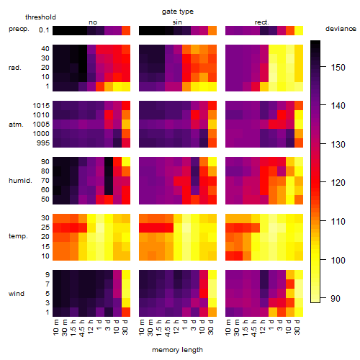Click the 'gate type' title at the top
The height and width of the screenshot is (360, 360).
(x=178, y=12)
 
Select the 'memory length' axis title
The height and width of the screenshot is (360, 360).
(x=178, y=350)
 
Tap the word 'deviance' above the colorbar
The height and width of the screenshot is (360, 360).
(x=341, y=29)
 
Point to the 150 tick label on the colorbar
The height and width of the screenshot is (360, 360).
(x=338, y=68)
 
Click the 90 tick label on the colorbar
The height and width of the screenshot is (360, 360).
(x=336, y=299)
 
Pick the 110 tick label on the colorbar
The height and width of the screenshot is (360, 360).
(x=338, y=221)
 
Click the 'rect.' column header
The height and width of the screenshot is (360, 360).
(x=262, y=22)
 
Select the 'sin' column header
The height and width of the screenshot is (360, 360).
(x=177, y=22)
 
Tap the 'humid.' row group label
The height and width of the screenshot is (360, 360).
(x=20, y=181)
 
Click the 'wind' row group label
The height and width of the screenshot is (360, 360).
(x=17, y=294)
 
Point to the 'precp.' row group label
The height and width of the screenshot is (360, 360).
(x=19, y=29)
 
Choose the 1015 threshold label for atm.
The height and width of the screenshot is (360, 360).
(x=41, y=106)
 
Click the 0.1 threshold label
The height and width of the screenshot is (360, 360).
(x=44, y=30)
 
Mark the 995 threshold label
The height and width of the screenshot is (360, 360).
(x=43, y=143)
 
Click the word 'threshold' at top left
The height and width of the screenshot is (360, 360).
(x=40, y=17)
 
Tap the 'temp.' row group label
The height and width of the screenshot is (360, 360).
(x=18, y=236)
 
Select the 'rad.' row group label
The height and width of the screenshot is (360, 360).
(x=15, y=68)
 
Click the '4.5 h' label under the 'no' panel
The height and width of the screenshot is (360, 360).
(x=81, y=328)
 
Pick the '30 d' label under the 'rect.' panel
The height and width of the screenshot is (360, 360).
(x=297, y=327)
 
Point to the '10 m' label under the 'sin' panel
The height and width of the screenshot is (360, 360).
(x=142, y=328)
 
